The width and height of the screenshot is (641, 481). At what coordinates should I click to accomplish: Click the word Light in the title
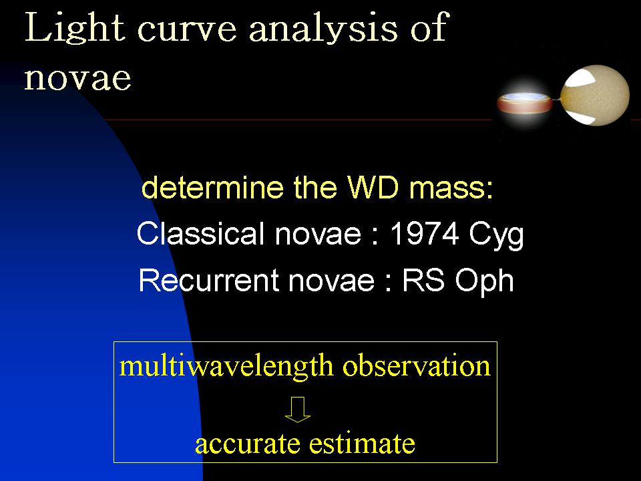[75, 28]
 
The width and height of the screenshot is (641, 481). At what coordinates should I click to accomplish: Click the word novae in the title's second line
[77, 77]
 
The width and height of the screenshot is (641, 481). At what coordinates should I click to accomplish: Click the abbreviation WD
[373, 188]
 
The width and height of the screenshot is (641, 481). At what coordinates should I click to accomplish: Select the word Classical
[200, 234]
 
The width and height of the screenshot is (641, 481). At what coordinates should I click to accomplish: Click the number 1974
[424, 234]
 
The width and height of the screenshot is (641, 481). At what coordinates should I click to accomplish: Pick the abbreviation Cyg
[496, 236]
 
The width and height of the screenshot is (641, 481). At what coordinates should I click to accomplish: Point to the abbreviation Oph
[485, 282]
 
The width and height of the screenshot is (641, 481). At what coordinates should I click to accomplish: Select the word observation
[417, 365]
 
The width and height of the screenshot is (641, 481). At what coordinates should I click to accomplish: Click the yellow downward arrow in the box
[298, 410]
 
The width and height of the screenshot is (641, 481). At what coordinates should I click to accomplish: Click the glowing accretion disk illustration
[525, 103]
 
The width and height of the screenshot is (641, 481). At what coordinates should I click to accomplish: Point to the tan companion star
[595, 95]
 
